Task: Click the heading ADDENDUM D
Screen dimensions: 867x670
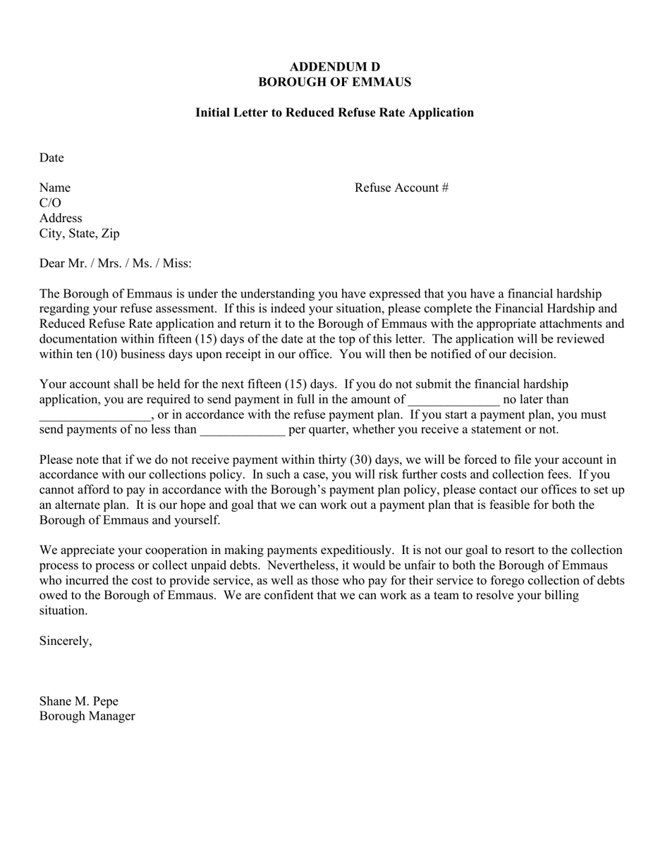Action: pyautogui.click(x=334, y=66)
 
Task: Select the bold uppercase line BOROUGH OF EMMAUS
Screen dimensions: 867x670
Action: pyautogui.click(x=334, y=82)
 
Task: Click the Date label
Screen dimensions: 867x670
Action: pyautogui.click(x=51, y=158)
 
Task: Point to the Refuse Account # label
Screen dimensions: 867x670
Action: pyautogui.click(x=401, y=187)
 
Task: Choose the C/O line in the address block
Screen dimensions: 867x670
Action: pyautogui.click(x=50, y=203)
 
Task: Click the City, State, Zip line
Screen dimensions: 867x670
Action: pyautogui.click(x=79, y=233)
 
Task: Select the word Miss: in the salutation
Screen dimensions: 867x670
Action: pyautogui.click(x=177, y=264)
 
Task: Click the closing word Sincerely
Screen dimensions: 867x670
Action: pyautogui.click(x=65, y=641)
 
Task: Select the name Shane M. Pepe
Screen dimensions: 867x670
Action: pyautogui.click(x=79, y=701)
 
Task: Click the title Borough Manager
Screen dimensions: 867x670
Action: pyautogui.click(x=87, y=716)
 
